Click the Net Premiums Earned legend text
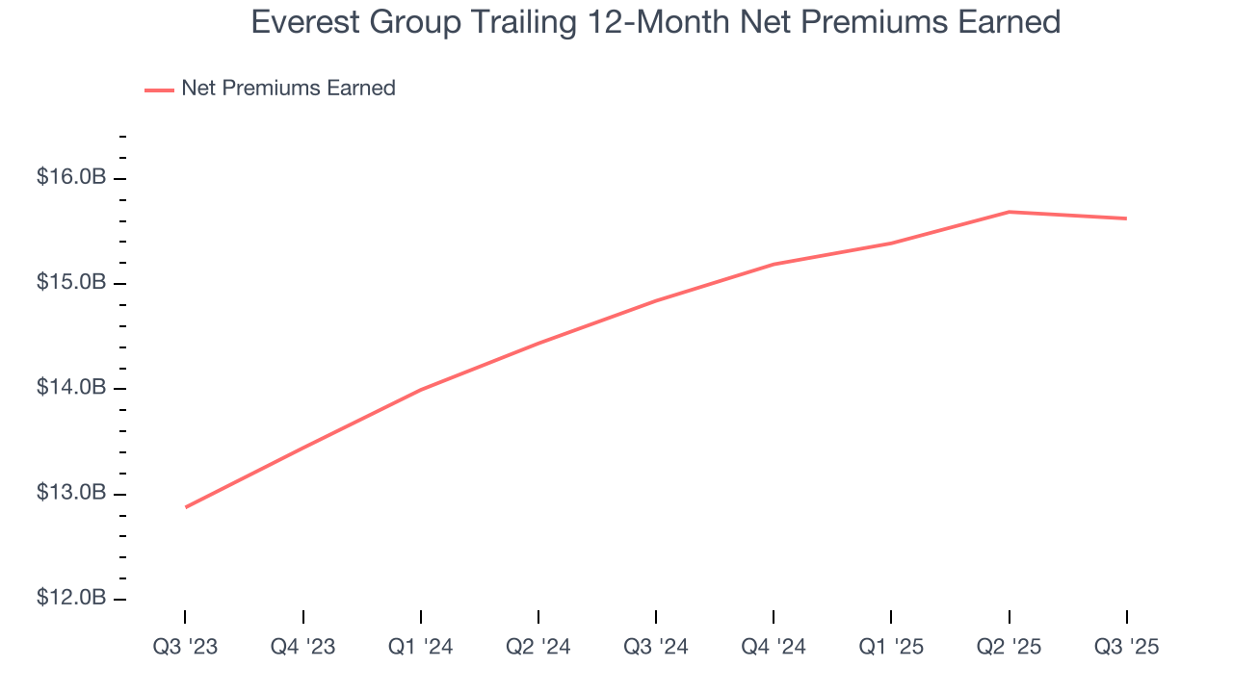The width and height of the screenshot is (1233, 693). click(288, 89)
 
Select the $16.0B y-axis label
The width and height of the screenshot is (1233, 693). click(71, 178)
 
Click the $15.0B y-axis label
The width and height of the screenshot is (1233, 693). click(71, 283)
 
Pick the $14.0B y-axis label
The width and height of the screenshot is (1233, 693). click(71, 388)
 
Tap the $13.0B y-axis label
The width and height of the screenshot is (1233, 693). click(71, 493)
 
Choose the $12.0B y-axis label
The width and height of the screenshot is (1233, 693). click(71, 598)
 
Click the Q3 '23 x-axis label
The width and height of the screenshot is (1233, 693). click(185, 647)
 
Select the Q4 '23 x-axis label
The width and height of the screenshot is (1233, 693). click(302, 647)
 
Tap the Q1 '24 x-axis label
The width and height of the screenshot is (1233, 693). click(420, 647)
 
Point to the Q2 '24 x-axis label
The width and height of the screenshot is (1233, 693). click(538, 647)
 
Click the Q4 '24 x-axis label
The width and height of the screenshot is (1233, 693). click(773, 647)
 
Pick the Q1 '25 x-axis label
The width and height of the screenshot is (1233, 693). click(890, 647)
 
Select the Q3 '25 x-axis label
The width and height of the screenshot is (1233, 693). click(1126, 647)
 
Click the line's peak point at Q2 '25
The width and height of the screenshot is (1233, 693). click(1009, 212)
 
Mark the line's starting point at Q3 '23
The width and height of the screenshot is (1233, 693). click(186, 507)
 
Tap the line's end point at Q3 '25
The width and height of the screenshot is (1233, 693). click(1126, 218)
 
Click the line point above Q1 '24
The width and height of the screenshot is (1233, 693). click(421, 390)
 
